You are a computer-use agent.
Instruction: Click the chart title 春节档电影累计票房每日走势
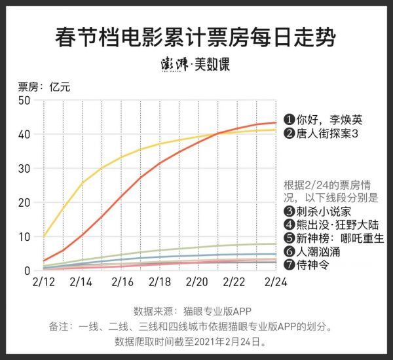pyautogui.click(x=196, y=37)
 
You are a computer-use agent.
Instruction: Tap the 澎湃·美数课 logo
pyautogui.click(x=196, y=65)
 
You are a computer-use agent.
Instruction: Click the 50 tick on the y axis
pyautogui.click(x=25, y=100)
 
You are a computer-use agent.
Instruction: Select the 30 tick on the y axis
pyautogui.click(x=25, y=168)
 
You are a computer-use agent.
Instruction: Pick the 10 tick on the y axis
pyautogui.click(x=25, y=236)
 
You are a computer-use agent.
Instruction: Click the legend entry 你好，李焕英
pyautogui.click(x=320, y=120)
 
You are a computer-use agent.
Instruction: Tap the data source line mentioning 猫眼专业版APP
pyautogui.click(x=196, y=310)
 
